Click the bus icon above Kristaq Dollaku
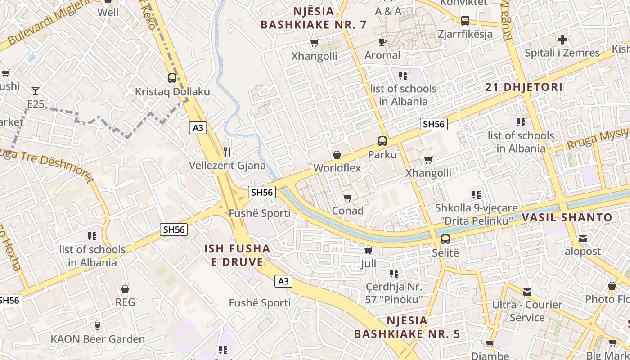tap(172, 78)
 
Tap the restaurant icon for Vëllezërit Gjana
tap(227, 152)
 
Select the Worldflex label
tap(337, 168)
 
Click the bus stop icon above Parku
tap(382, 141)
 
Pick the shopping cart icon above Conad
tap(347, 198)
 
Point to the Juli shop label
tap(368, 263)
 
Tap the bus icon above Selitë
tap(445, 239)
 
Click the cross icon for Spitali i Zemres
tap(562, 40)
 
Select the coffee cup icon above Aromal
tap(382, 42)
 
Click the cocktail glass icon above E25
tap(36, 91)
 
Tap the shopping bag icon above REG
tap(125, 288)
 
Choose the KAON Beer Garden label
tap(98, 339)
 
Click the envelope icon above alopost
tap(583, 238)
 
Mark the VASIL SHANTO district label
tap(567, 218)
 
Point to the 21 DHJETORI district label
tap(524, 87)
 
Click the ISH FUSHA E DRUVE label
tap(237, 255)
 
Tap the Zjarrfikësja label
tap(465, 34)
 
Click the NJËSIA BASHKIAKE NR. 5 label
tap(407, 327)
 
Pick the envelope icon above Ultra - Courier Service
tap(527, 292)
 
